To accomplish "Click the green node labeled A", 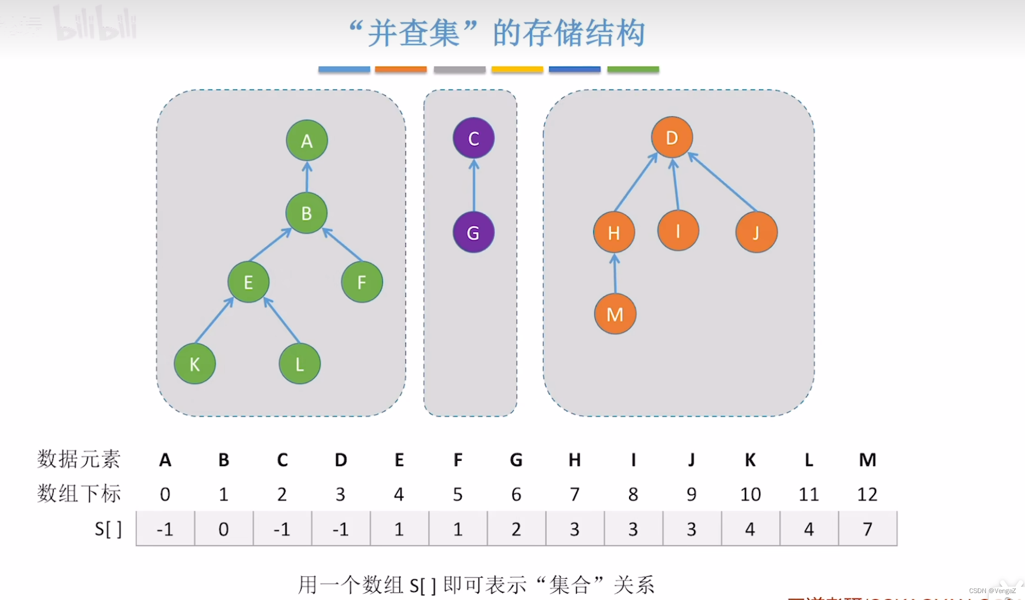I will [x=307, y=140].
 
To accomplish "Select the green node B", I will [x=306, y=213].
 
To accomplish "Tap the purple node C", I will [x=473, y=138].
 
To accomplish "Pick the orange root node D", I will [x=672, y=137].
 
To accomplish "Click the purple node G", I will [x=473, y=232].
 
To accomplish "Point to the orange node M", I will [x=615, y=314].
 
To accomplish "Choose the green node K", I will [x=195, y=364].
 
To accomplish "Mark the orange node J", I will [x=756, y=232].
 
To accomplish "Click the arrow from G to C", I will [x=474, y=185].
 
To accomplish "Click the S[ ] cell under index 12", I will [x=867, y=529].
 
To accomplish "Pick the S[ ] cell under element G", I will [x=516, y=529].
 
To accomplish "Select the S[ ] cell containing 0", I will [x=223, y=529].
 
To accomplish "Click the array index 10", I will [x=750, y=494].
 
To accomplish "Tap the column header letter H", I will [x=574, y=460].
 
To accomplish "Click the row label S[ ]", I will [x=108, y=529].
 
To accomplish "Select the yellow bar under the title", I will [x=517, y=70].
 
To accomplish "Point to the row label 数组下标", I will [x=79, y=494].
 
